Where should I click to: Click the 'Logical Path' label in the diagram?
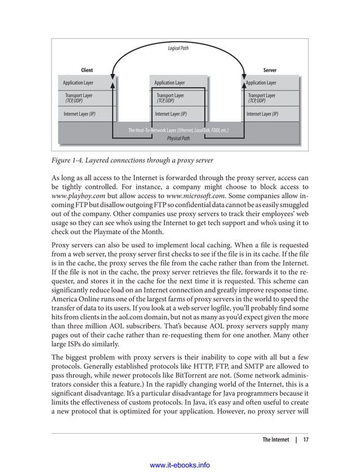(x=178, y=48)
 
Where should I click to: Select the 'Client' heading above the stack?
(x=87, y=70)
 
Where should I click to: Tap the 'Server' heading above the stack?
(x=270, y=70)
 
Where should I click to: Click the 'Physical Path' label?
(x=178, y=138)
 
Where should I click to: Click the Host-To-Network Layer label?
(x=178, y=130)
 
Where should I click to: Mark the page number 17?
(x=305, y=439)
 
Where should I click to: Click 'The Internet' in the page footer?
(x=275, y=439)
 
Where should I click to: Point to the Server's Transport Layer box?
(x=262, y=98)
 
